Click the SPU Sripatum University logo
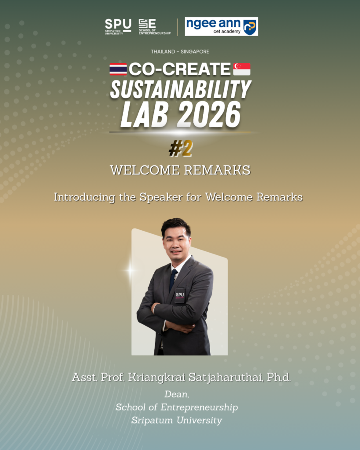tap(118, 27)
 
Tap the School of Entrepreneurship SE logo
tap(154, 27)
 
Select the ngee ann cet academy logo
tap(222, 26)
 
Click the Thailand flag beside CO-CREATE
tap(118, 69)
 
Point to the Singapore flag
tap(242, 69)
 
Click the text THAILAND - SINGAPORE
tap(180, 52)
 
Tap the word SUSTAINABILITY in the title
tap(181, 89)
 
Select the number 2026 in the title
tap(208, 115)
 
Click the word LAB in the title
tap(144, 115)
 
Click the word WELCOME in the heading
tap(145, 170)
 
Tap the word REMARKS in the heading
tap(217, 170)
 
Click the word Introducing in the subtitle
tap(84, 198)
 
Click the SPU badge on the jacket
tap(180, 295)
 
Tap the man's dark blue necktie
tap(173, 280)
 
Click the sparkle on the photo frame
tap(131, 270)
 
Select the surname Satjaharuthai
tap(225, 377)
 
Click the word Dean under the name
tap(177, 395)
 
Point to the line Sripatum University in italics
tap(177, 421)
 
